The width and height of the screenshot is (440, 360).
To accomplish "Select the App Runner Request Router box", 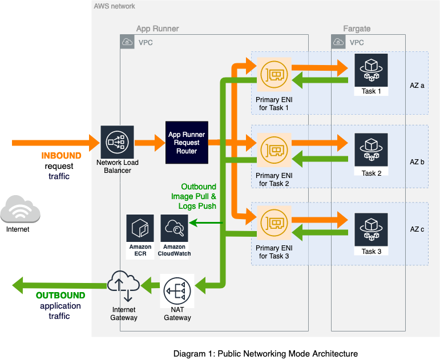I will tap(186, 143).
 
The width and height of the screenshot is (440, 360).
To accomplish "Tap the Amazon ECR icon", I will tap(140, 229).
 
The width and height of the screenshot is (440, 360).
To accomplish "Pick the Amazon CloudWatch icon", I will tap(175, 229).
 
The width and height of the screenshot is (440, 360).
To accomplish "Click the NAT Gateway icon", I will tap(177, 291).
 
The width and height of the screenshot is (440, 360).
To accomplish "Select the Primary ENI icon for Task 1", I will tap(274, 75).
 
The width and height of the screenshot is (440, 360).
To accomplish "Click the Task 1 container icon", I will tap(371, 70).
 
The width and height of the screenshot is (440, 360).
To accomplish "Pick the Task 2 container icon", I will tap(371, 149).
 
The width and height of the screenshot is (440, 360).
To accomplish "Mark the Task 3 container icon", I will tap(371, 229).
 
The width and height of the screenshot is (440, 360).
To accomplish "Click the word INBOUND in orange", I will tap(61, 156).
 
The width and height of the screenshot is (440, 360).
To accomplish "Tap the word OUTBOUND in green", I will tap(60, 296).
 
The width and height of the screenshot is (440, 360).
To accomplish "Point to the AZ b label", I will tap(417, 162).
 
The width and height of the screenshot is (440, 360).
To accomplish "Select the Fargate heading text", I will tap(357, 29).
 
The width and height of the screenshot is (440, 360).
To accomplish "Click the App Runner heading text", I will tap(158, 29).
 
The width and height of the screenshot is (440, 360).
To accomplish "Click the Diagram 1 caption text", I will tap(265, 354).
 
